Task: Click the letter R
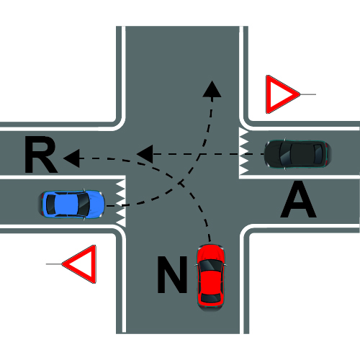pos(40,155)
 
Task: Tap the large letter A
pos(298,199)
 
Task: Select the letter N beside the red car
pos(172,274)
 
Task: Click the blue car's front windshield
pos(84,204)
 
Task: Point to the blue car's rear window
pos(50,204)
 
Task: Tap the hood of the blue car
pos(96,204)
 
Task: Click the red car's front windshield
pos(211,266)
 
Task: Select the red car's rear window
pos(211,297)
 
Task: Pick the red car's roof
pos(211,282)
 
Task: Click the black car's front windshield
pos(285,154)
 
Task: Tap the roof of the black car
pos(302,154)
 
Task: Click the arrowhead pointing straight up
pos(212,89)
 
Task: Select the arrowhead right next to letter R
pos(72,158)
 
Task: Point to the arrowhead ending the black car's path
pos(145,154)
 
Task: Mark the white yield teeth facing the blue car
pos(121,203)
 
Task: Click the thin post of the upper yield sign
pos(308,94)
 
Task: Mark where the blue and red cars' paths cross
pos(181,184)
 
